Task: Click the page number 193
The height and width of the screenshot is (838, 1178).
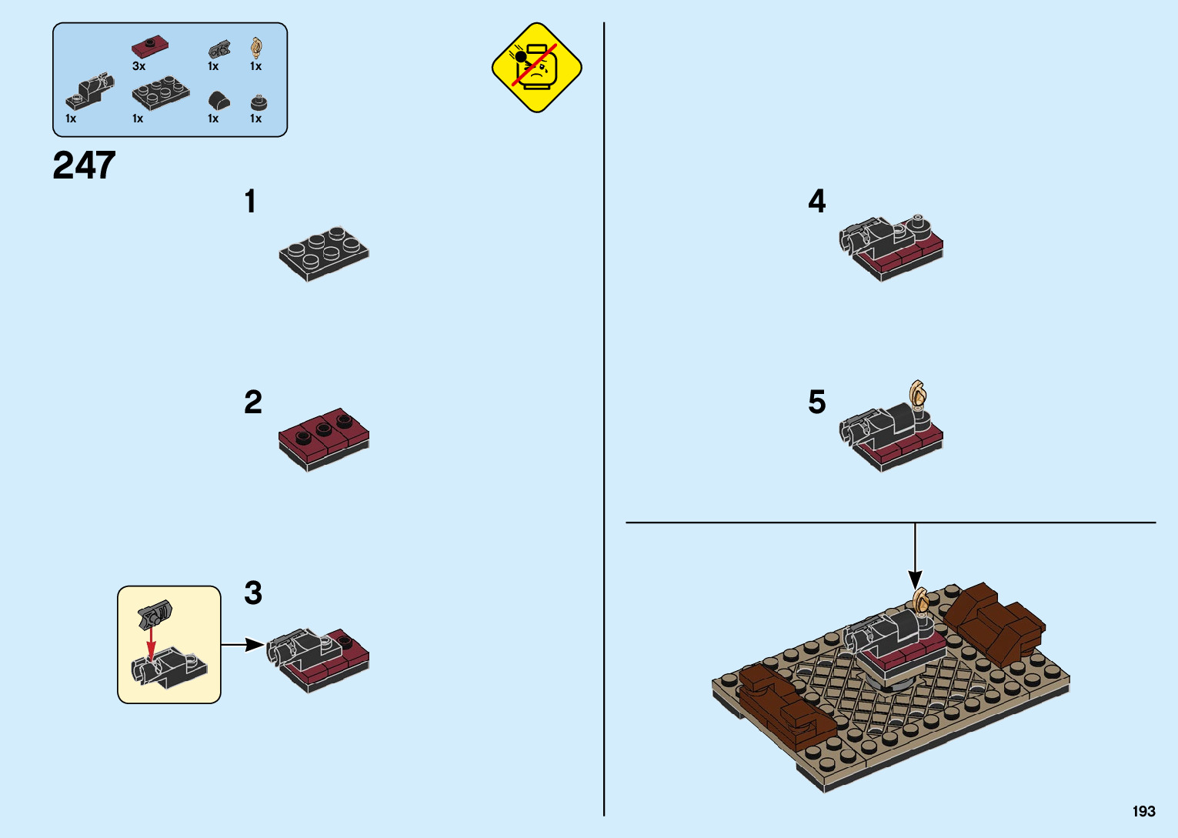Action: pos(1143,811)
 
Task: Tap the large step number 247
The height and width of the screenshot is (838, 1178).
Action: pos(84,165)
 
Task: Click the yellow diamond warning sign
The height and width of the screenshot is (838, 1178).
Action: pos(536,68)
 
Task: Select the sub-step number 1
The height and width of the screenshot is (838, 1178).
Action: pos(250,202)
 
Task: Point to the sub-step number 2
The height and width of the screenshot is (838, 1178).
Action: pos(253,402)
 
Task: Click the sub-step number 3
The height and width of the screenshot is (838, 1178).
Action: pos(253,593)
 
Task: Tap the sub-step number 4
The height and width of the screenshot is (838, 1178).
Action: pos(817,202)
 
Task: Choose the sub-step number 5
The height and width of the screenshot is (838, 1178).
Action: pos(817,402)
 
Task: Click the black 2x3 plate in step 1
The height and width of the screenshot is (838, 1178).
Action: pos(323,252)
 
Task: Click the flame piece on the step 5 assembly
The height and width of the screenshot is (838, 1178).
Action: pos(918,395)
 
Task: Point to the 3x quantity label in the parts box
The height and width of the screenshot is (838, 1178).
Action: pos(138,66)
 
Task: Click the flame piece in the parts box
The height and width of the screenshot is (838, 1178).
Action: pos(256,48)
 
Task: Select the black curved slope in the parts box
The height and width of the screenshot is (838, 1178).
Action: pos(219,101)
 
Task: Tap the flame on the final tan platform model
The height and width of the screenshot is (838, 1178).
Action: pos(920,598)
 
